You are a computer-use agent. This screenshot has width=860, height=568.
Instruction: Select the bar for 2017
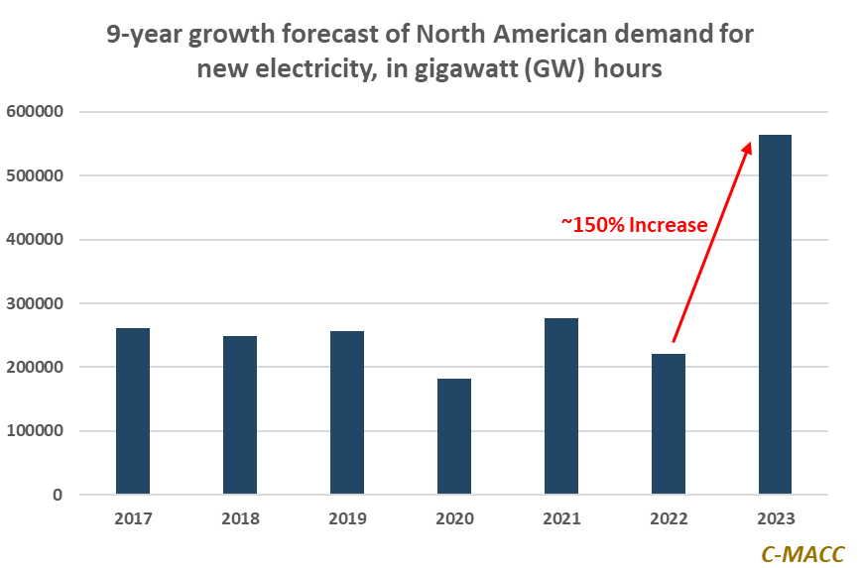pos(133,410)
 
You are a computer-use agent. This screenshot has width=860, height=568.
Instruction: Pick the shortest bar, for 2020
pos(454,436)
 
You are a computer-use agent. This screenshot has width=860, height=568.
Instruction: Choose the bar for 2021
pos(561,406)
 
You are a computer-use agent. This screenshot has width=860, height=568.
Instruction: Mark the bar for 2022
pos(669,424)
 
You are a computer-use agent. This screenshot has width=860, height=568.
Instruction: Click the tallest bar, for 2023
pos(775,314)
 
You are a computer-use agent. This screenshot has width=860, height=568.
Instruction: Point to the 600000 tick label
pos(35,112)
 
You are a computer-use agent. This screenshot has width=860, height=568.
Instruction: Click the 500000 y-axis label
pos(35,175)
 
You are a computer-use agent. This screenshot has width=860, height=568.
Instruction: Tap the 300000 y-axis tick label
pos(35,303)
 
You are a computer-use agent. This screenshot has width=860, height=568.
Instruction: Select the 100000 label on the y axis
pos(35,431)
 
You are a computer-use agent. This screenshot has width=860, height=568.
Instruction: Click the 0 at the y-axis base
pos(58,495)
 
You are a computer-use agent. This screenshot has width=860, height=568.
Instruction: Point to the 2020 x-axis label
pos(454,519)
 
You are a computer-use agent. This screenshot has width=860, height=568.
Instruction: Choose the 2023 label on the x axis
pos(775,519)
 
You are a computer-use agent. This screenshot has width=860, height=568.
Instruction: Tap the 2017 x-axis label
pos(133,519)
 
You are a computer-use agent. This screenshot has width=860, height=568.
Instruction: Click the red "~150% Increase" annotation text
pos(635,225)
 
